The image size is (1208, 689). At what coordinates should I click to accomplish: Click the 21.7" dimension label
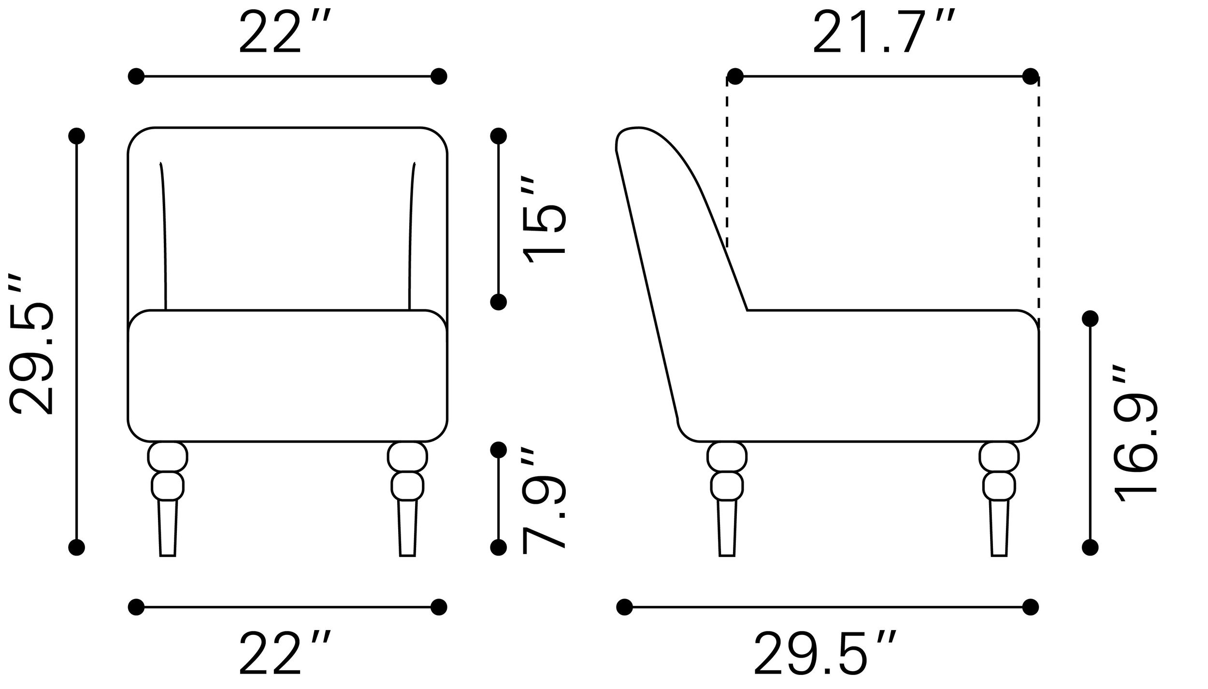click(884, 32)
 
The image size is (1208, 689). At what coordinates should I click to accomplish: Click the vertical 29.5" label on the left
click(31, 346)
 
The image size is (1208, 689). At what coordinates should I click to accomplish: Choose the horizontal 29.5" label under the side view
click(825, 659)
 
